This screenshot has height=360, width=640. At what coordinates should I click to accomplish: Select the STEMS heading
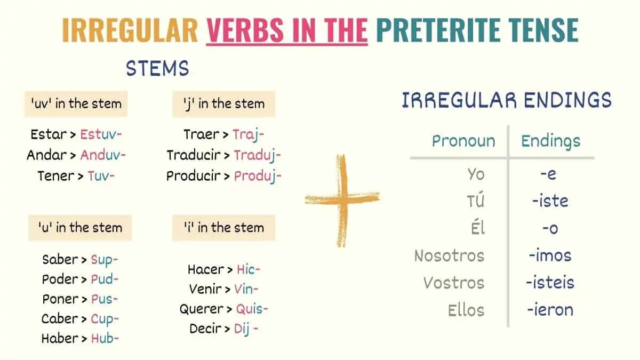click(157, 68)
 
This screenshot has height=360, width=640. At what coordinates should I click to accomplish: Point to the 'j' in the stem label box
click(223, 103)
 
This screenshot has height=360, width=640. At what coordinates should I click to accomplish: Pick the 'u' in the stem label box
click(79, 228)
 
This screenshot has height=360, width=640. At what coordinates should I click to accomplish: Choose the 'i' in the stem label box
click(223, 228)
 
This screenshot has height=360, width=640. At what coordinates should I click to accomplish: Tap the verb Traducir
click(193, 155)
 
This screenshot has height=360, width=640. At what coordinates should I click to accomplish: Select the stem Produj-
click(258, 176)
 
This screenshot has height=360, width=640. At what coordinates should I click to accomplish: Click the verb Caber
click(60, 319)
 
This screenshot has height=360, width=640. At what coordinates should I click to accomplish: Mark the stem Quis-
click(252, 309)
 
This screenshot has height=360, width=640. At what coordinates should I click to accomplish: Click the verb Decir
click(205, 329)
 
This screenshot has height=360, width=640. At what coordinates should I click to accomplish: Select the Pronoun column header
click(463, 141)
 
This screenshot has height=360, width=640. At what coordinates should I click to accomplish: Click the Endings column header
click(550, 141)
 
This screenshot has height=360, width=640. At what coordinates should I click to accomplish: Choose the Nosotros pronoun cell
click(449, 255)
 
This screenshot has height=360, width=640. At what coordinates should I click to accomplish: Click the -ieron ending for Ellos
click(550, 309)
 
